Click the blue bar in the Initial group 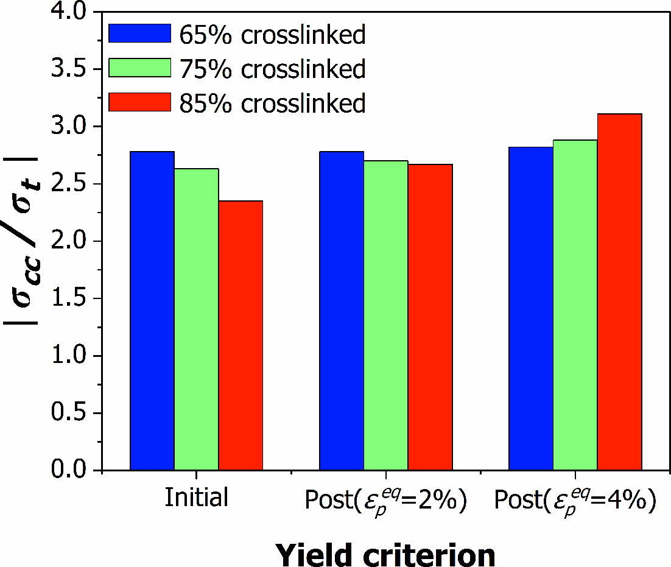(x=152, y=311)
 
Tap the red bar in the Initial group (x=241, y=336)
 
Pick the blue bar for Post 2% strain (x=342, y=311)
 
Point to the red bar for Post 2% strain (x=430, y=317)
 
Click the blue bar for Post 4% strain (x=531, y=308)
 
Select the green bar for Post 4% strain (x=575, y=305)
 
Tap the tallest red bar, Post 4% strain (x=619, y=292)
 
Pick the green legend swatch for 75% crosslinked (x=139, y=68)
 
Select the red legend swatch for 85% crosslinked (x=139, y=102)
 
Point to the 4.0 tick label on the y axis (x=72, y=13)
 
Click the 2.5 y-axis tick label (x=72, y=185)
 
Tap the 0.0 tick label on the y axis (x=72, y=471)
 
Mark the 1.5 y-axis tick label (x=72, y=299)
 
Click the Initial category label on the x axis (x=196, y=498)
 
